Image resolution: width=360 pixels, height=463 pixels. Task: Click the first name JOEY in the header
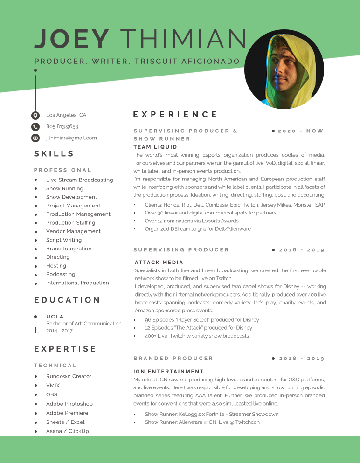pos(71,39)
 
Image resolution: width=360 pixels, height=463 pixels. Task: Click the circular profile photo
pos(284,69)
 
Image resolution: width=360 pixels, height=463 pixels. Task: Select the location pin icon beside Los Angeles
pos(35,115)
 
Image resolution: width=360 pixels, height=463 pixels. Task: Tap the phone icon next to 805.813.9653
pos(35,127)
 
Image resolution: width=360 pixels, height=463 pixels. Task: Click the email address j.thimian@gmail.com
pos(71,138)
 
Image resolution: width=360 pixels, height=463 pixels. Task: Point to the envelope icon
pos(35,138)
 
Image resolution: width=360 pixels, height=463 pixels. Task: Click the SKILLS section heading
pos(54,154)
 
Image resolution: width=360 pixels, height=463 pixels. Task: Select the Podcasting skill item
pos(61,274)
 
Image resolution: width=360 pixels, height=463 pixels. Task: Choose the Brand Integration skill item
pos(69,249)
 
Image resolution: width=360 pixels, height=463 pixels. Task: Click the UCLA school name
pos(55,317)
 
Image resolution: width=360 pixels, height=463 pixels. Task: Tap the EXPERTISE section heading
pos(65,349)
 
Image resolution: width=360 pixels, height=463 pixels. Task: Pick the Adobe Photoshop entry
pos(69,404)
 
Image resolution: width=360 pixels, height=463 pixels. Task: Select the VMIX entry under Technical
pos(53,386)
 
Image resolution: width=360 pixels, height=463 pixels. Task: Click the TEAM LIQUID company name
pos(155,147)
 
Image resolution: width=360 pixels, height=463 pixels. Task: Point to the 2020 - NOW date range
pos(300,131)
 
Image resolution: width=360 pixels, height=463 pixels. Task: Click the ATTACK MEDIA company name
pos(159,263)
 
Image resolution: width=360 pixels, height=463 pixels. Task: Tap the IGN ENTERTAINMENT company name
pos(169,372)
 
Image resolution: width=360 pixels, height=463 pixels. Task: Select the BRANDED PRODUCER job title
pos(173,358)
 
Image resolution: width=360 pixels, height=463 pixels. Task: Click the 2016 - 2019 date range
pos(301,250)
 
